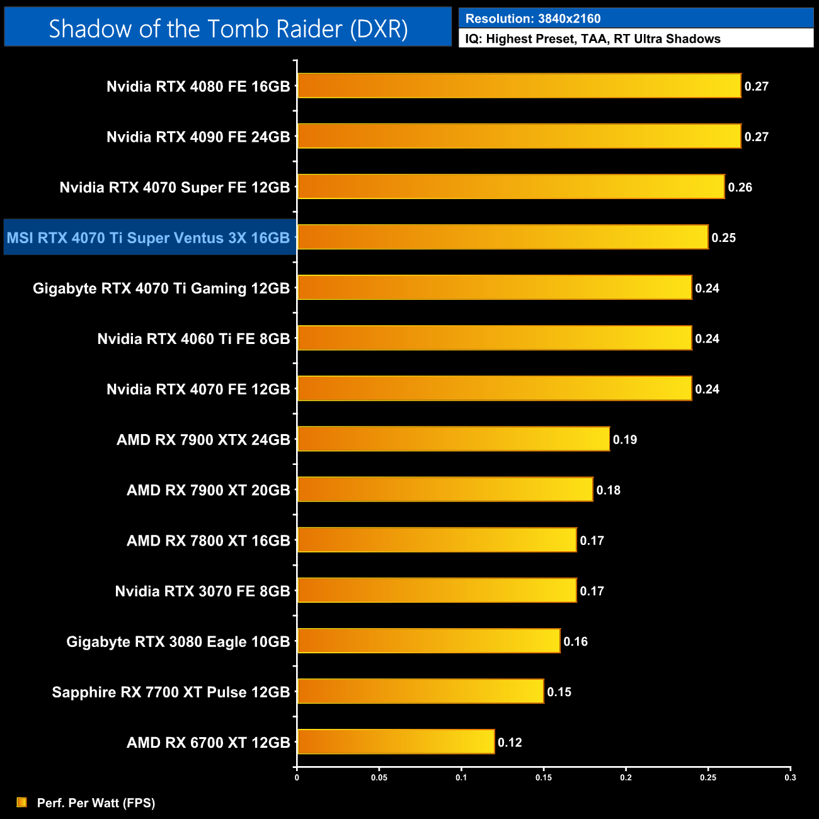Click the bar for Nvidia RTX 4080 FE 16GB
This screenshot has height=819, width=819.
(x=519, y=86)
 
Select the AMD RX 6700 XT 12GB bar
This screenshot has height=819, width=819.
(x=396, y=742)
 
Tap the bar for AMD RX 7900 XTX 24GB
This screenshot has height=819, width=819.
(x=454, y=439)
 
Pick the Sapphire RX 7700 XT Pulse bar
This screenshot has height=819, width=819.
(x=420, y=691)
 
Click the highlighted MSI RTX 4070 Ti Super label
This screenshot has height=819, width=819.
(x=149, y=238)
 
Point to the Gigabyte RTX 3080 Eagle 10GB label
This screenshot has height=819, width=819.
(x=178, y=641)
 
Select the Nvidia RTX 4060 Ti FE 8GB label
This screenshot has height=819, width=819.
(x=193, y=339)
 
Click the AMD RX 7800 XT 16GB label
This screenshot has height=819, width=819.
(x=208, y=541)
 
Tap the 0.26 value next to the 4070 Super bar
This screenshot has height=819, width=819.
(x=740, y=187)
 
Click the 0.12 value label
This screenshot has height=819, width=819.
(x=510, y=742)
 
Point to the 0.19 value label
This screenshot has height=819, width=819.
(x=625, y=440)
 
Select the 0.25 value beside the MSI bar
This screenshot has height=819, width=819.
(x=724, y=238)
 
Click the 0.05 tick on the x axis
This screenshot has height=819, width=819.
(x=379, y=777)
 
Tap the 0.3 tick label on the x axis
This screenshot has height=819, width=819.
(x=790, y=777)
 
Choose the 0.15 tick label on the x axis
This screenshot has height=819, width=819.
(x=544, y=777)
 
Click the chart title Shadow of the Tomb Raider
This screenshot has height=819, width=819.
(x=228, y=28)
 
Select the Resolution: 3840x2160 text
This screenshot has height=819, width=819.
(x=533, y=18)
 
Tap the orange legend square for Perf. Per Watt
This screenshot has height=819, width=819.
(x=21, y=802)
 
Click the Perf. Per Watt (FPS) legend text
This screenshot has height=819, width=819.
(x=96, y=803)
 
